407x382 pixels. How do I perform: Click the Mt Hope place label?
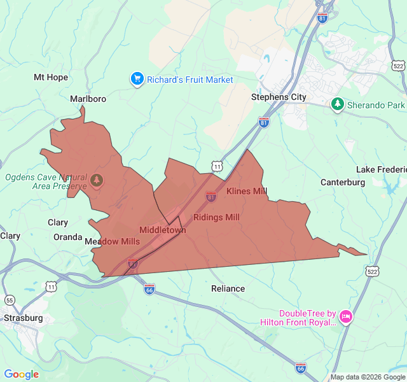50,77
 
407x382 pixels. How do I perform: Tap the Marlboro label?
88,99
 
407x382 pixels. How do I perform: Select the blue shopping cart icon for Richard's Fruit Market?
137,79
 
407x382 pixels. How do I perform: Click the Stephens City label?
279,97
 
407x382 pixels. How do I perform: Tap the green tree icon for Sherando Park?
337,104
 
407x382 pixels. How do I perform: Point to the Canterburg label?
342,182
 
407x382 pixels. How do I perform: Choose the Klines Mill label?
247,191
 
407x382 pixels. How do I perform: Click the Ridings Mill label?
216,217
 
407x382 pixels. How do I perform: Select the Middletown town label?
162,230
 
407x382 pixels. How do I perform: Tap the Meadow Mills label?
112,241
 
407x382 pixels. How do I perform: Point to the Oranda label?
67,237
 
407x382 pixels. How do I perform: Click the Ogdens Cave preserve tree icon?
97,180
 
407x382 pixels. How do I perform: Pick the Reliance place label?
228,288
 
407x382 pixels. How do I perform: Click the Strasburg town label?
23,318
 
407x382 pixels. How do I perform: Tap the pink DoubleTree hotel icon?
346,316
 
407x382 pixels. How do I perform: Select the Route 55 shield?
10,300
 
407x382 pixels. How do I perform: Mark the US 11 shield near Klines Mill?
217,166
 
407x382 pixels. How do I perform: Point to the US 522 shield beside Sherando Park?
398,66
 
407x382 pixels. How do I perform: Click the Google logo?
21,374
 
